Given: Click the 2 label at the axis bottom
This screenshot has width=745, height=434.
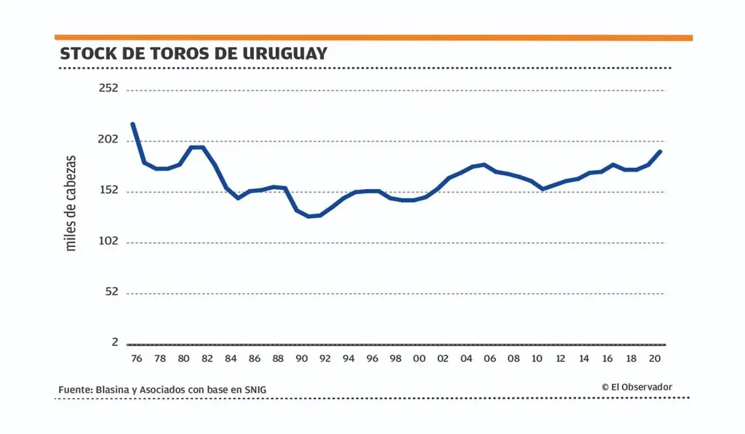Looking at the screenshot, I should point(114,342).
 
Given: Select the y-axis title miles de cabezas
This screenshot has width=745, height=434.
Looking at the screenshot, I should point(71,203).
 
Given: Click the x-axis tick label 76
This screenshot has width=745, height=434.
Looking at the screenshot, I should point(136,358).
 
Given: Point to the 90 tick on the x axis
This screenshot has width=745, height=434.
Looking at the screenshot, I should point(301,358).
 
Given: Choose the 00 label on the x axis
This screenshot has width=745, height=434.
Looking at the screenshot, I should point(419,358).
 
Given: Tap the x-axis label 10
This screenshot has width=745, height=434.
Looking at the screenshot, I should point(537,358).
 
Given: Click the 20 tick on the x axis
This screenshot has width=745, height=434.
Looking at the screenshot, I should point(654,358).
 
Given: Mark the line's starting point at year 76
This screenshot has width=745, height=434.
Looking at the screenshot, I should point(132,124).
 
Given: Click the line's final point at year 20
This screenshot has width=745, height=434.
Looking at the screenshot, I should point(660,151).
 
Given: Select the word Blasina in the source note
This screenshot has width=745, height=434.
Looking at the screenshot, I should point(111,390).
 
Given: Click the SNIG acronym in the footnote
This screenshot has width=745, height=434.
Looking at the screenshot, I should point(255,390).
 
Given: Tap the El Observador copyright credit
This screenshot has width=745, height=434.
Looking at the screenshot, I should point(637,387).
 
